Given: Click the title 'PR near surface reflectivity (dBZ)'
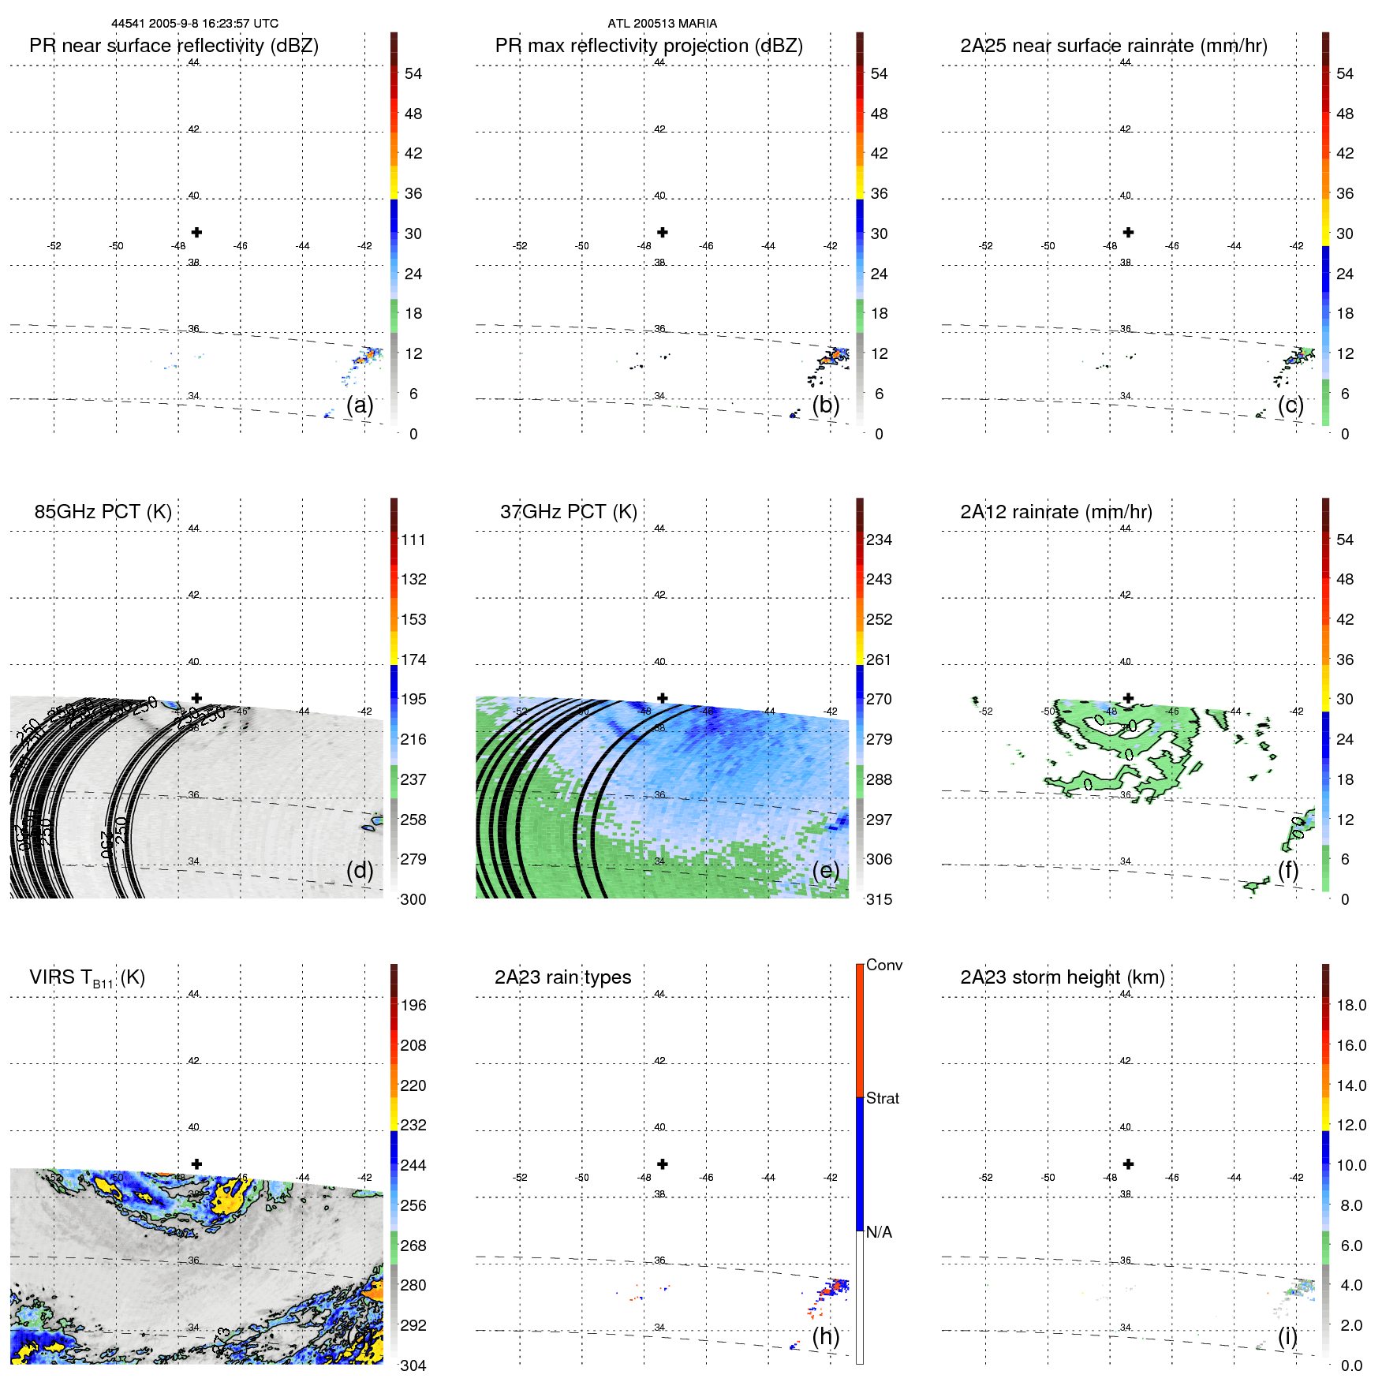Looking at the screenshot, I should pos(174,46).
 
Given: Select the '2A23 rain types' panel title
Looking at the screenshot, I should pos(562,977).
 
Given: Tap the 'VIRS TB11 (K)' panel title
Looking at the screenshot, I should pos(87,978).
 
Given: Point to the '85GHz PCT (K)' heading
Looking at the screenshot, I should pos(103,512).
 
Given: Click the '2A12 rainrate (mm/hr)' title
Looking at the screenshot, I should pos(1055,512).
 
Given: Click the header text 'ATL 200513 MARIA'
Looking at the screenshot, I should pos(662,24).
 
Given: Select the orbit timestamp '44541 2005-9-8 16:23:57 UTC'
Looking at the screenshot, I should pos(194,24).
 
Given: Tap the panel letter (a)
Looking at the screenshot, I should pos(360,405).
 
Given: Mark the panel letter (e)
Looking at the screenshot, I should pos(826,870).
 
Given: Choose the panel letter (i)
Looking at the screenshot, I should pos(1287,1336).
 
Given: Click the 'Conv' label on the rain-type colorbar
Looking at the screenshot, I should pos(883,965).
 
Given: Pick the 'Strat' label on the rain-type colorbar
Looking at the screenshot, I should pos(882,1098).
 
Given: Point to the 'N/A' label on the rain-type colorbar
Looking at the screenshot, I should pos(878,1232).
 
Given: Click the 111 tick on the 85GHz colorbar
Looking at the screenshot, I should pos(413,540).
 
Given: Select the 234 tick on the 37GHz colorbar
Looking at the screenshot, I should pos(879,540).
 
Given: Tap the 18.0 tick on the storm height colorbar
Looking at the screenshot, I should pos(1350,1005).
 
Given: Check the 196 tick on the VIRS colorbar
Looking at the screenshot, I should pos(413,1005).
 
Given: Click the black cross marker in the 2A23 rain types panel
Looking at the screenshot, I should pos(663,1164).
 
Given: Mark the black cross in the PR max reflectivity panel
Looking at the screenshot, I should pos(663,233).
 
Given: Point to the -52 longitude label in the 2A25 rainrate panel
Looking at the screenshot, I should pos(985,246).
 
